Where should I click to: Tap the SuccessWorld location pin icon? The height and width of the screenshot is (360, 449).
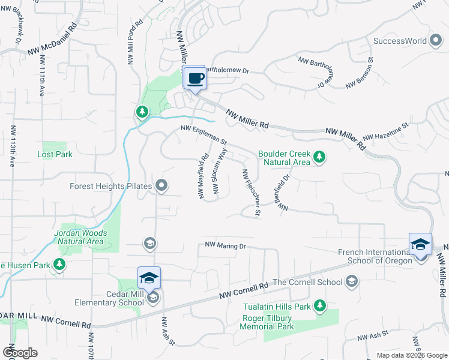436,41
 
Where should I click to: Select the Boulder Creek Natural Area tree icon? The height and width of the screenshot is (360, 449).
320,157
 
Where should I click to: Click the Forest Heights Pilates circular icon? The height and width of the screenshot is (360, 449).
161,186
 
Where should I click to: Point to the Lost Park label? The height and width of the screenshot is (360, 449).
55,154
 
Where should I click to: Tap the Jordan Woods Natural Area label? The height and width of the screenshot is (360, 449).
80,237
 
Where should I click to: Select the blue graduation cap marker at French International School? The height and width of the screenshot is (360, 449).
420,245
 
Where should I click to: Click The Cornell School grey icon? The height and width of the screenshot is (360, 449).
352,281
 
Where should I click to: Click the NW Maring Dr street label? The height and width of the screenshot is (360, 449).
226,245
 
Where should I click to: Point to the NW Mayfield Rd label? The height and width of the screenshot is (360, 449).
202,176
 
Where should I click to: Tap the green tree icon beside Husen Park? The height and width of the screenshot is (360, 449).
59,264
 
